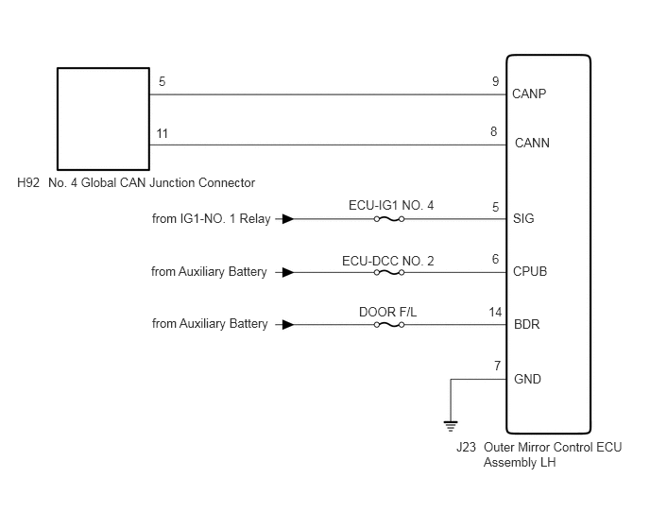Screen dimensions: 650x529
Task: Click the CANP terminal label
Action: tap(529, 94)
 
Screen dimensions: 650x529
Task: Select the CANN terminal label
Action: tap(532, 143)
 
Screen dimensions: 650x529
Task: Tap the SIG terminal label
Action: tap(523, 218)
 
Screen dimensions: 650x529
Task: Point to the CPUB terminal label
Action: tap(530, 271)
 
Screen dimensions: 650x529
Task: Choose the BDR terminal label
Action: tap(526, 324)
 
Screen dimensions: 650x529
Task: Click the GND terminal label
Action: tap(527, 379)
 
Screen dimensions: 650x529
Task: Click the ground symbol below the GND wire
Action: tap(451, 426)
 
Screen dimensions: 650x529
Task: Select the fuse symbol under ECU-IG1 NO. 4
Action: tap(389, 219)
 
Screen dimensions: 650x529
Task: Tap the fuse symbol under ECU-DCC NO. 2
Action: tap(389, 272)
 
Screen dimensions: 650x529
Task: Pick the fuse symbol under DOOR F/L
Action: tap(389, 325)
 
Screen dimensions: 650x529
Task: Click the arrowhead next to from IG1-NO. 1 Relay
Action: tap(288, 219)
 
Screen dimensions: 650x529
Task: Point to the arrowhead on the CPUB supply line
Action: tap(288, 272)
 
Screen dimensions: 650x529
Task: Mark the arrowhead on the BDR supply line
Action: tap(288, 325)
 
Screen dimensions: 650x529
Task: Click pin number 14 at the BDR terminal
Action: tap(495, 312)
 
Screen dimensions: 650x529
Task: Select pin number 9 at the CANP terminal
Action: tap(496, 81)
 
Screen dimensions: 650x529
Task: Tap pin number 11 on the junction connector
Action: tap(162, 134)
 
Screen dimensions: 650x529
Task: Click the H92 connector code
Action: tap(28, 183)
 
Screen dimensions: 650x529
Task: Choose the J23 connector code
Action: tap(467, 448)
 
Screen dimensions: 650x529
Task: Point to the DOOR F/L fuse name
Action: tap(388, 312)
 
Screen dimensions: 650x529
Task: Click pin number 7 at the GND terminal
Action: tap(498, 367)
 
